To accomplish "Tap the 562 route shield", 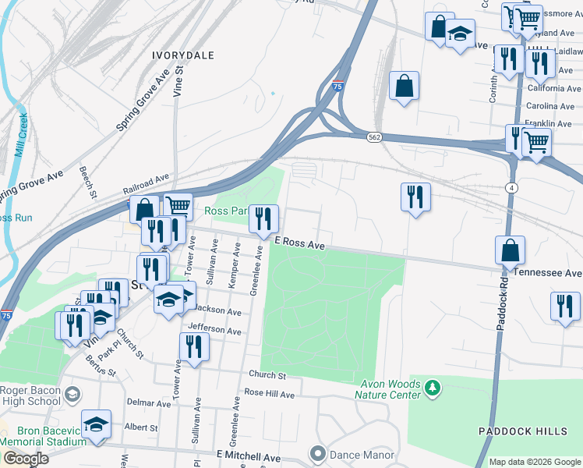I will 374,136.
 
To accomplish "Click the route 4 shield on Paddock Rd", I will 511,188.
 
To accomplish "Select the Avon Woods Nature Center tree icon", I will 433,387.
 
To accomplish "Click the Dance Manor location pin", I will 316,453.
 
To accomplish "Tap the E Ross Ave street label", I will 299,244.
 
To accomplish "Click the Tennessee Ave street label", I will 555,273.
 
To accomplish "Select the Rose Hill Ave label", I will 270,394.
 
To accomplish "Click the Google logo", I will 26,459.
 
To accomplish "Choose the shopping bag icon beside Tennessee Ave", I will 510,250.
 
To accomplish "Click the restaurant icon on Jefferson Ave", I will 194,347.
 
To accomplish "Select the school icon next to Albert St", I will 96,425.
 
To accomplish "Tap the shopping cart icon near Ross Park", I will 178,207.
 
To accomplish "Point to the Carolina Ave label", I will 550,106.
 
